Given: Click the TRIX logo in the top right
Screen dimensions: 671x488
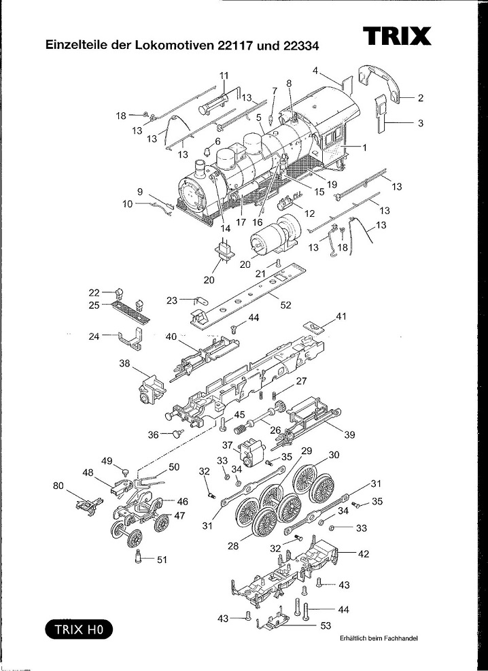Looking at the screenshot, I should pyautogui.click(x=397, y=35).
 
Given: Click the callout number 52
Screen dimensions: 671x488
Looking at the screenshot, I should pyautogui.click(x=285, y=305).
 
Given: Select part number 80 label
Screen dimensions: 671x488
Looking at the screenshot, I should pyautogui.click(x=59, y=485).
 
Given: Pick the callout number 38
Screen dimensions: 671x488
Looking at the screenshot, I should pyautogui.click(x=124, y=364).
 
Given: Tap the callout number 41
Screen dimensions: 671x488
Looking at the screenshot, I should pyautogui.click(x=341, y=315).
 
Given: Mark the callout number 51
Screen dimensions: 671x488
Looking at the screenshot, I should pyautogui.click(x=161, y=560).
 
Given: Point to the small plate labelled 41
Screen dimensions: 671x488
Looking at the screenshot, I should pyautogui.click(x=313, y=327).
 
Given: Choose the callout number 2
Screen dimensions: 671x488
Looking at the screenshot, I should pyautogui.click(x=421, y=98).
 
